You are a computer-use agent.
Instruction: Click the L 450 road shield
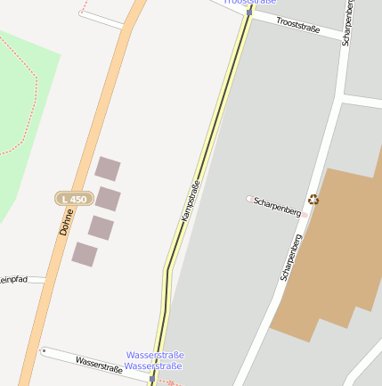[x=73, y=198]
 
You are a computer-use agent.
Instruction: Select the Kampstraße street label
[x=190, y=201]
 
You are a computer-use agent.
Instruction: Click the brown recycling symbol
[x=313, y=200]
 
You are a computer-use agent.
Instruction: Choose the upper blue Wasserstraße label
[x=155, y=355]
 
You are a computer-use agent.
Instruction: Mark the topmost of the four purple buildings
[x=108, y=168]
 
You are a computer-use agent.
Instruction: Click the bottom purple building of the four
[x=85, y=254]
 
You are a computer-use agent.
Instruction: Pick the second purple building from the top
[x=108, y=199]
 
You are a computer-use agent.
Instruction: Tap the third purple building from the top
[x=101, y=227]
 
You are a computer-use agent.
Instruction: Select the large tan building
[x=329, y=250]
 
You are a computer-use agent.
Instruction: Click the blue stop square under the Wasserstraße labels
[x=152, y=379]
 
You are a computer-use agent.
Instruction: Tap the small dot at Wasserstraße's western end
[x=44, y=350]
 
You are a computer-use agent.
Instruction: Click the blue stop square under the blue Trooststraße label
[x=250, y=12]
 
